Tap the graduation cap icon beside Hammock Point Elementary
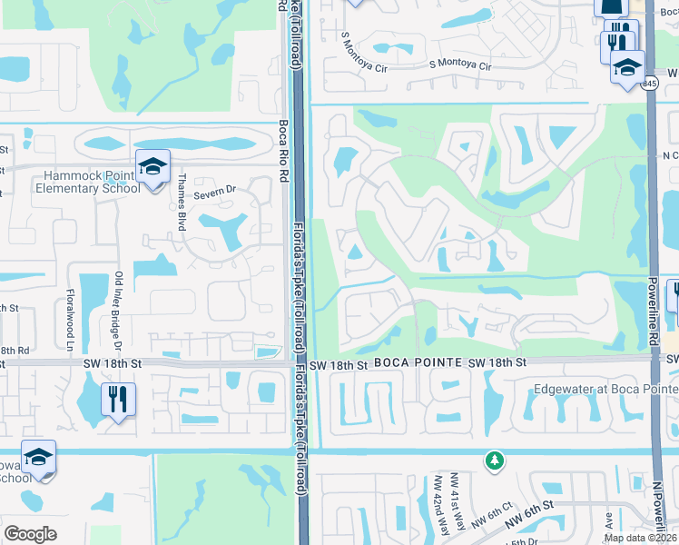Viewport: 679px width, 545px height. point(153,167)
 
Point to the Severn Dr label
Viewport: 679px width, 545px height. point(218,189)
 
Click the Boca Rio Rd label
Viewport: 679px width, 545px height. point(283,154)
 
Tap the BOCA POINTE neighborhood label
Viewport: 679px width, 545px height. point(417,362)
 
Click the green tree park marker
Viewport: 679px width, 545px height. point(494,461)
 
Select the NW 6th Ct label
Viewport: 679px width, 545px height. point(499,517)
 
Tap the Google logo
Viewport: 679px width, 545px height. point(31,533)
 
